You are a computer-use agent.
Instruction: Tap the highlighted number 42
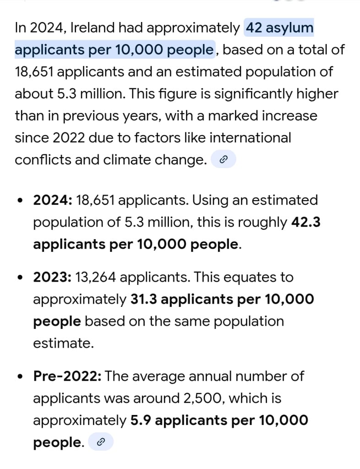click(255, 28)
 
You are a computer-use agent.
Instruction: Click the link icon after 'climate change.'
click(223, 160)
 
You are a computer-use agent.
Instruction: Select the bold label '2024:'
click(52, 200)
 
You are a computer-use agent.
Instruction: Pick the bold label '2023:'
click(52, 277)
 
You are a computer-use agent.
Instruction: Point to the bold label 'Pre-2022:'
click(67, 376)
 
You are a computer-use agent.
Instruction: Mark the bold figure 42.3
click(305, 222)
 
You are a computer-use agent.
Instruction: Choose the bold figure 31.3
click(144, 299)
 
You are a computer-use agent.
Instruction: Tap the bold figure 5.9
click(141, 420)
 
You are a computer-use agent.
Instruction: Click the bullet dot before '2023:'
click(20, 278)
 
